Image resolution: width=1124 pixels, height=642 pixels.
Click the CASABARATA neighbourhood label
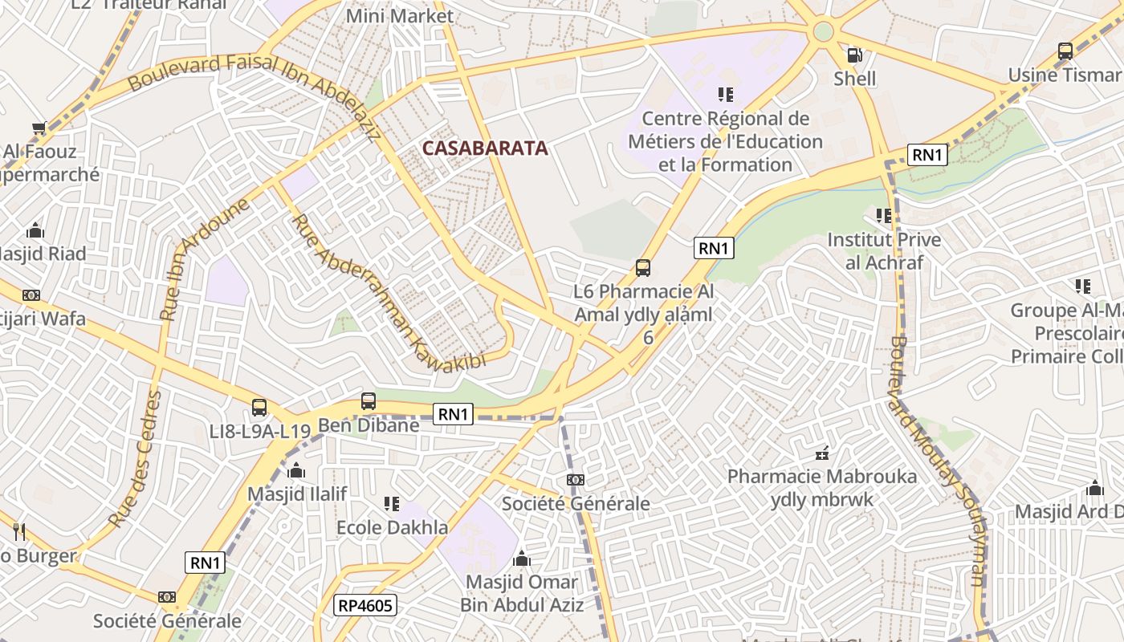(485, 148)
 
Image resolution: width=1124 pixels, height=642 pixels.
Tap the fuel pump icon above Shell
(855, 55)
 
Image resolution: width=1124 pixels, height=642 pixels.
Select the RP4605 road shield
(365, 605)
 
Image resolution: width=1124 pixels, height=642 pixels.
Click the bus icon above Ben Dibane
(369, 401)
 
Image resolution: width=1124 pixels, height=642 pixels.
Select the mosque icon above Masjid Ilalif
(296, 470)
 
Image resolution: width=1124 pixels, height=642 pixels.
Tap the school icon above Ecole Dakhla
(392, 504)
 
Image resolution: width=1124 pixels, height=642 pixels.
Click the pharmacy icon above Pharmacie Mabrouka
(821, 454)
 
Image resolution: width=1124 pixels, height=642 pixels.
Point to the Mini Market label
(399, 15)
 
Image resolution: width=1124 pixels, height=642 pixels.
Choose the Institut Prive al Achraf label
(884, 250)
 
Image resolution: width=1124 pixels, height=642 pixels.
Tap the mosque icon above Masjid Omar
(522, 559)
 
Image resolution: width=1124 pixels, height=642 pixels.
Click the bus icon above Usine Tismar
(1065, 51)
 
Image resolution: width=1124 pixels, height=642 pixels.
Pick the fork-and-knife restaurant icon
(19, 531)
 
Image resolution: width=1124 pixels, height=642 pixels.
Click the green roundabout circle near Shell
(823, 31)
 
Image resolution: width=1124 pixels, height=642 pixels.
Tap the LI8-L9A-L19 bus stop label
(259, 431)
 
